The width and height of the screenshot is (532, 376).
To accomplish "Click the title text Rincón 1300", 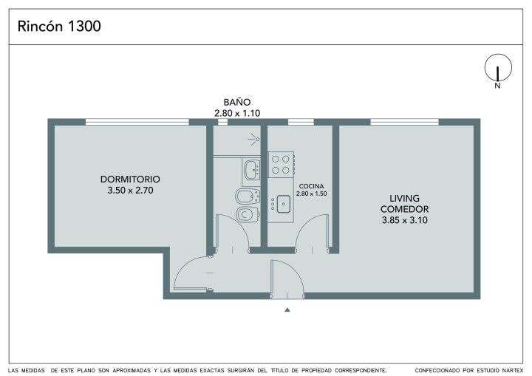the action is [x=59, y=26].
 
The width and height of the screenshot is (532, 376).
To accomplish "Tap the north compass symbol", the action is [x=498, y=69].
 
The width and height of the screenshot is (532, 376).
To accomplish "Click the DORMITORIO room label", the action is [x=130, y=180].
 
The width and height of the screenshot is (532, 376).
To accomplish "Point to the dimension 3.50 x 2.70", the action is [x=130, y=191].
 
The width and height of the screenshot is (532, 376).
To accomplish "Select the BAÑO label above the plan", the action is [x=237, y=102].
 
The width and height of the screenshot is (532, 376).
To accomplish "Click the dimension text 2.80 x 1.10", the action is [x=237, y=113].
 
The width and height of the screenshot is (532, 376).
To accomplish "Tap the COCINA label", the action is [x=311, y=186].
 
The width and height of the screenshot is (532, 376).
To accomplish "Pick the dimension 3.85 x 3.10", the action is [x=404, y=220].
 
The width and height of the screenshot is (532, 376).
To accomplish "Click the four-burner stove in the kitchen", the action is [x=282, y=164].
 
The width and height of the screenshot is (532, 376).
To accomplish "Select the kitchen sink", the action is [x=283, y=204].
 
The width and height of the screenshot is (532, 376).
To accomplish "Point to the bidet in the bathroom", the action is [x=248, y=196].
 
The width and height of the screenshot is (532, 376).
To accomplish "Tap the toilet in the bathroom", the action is [x=248, y=214].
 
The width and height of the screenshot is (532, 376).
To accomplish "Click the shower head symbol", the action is [x=254, y=140].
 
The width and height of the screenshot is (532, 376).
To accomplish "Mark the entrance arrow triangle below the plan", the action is [x=287, y=310].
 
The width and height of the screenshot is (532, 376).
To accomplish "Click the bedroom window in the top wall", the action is [x=137, y=122].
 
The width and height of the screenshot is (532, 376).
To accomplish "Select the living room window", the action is [x=404, y=122].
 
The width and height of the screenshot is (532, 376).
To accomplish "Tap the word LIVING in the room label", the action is [x=404, y=198].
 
